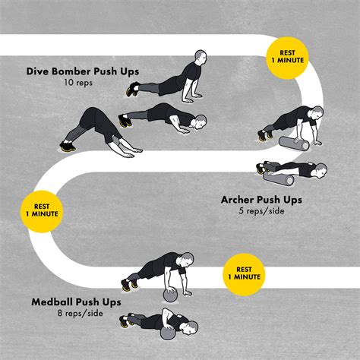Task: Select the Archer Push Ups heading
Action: pos(260,199)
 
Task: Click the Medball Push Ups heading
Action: pos(74,301)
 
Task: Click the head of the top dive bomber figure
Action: pos(200,58)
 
